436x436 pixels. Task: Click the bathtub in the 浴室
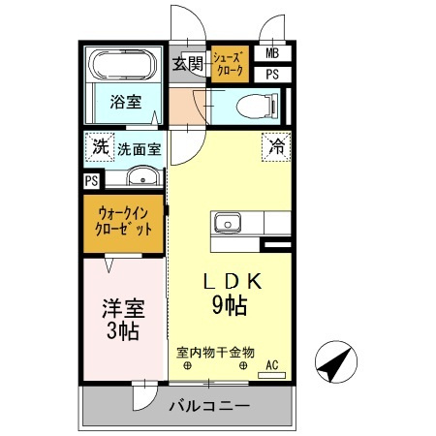click(x=123, y=67)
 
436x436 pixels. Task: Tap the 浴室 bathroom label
click(x=123, y=101)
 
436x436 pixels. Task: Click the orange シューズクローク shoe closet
click(x=229, y=64)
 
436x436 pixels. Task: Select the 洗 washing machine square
click(x=100, y=148)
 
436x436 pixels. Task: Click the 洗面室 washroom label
click(x=140, y=149)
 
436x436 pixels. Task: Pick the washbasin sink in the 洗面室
click(x=142, y=176)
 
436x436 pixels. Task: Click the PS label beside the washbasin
click(x=91, y=180)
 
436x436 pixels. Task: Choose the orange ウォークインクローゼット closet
click(x=124, y=224)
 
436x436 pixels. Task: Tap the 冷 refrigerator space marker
click(x=276, y=148)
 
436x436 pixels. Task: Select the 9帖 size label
click(x=229, y=307)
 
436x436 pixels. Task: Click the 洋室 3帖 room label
click(x=123, y=320)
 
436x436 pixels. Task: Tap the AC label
click(x=272, y=364)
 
